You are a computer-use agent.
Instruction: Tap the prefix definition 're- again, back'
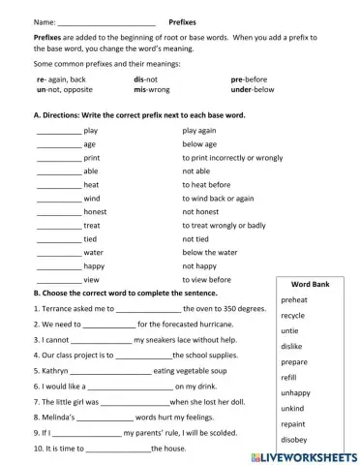click(61, 78)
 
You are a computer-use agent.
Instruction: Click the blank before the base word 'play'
click(58, 130)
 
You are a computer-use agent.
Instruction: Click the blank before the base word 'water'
click(58, 252)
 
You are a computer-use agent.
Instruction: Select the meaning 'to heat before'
click(206, 184)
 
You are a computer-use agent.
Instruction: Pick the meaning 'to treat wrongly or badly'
click(224, 225)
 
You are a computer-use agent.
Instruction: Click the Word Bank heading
click(311, 285)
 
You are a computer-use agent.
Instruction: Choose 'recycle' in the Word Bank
click(293, 316)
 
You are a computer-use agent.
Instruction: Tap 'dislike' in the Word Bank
click(291, 346)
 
